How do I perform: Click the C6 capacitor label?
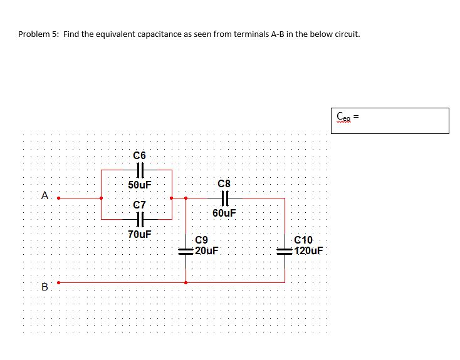pyautogui.click(x=139, y=155)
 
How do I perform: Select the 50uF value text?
pyautogui.click(x=139, y=185)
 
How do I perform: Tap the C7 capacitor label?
pyautogui.click(x=139, y=205)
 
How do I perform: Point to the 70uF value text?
pyautogui.click(x=139, y=235)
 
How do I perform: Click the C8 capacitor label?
pyautogui.click(x=224, y=183)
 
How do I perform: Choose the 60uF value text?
pyautogui.click(x=224, y=213)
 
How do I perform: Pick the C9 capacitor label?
pyautogui.click(x=202, y=240)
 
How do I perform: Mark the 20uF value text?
pyautogui.click(x=206, y=250)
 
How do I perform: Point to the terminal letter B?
pyautogui.click(x=44, y=287)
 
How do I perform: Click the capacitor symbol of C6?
pyautogui.click(x=139, y=170)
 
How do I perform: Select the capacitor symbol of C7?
pyautogui.click(x=139, y=219)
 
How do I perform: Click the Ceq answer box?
pyautogui.click(x=390, y=120)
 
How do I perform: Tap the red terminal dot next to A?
pyautogui.click(x=59, y=198)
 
